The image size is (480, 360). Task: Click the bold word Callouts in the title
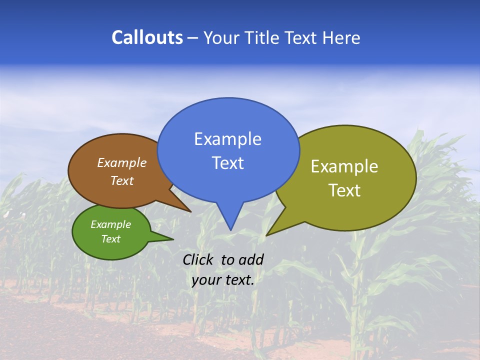click(147, 37)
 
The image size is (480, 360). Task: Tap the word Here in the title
click(342, 37)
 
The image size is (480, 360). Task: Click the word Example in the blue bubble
click(227, 139)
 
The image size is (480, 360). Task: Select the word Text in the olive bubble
click(344, 190)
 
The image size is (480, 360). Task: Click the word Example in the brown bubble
click(121, 163)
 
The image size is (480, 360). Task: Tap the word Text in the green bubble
click(110, 239)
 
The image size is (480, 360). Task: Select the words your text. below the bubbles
click(223, 280)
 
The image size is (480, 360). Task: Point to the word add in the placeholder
click(250, 259)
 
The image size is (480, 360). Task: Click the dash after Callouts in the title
click(193, 38)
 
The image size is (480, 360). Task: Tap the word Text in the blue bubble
click(227, 163)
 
